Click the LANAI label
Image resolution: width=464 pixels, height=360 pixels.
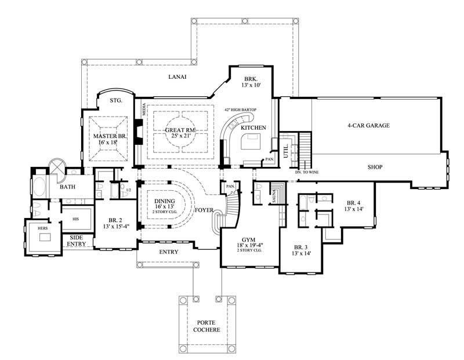tap(177, 77)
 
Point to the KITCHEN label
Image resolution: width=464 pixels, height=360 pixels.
tap(253, 128)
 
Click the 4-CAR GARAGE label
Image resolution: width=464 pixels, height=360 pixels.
tap(368, 125)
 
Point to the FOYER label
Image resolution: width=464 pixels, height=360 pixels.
tap(205, 210)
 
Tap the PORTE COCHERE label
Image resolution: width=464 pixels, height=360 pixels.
tap(207, 326)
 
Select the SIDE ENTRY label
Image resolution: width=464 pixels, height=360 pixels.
tap(77, 241)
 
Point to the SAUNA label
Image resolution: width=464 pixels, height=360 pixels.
tap(273, 195)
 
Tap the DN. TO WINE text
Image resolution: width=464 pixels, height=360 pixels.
tap(307, 172)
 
